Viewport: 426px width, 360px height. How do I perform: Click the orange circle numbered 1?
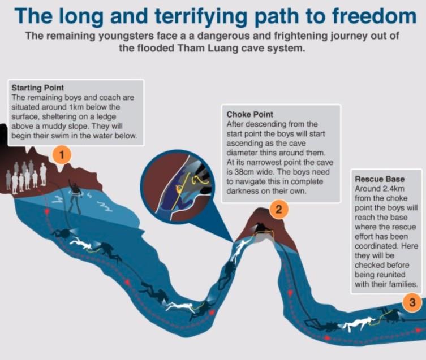(x=62, y=155)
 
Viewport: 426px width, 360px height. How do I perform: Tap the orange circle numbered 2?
(x=278, y=209)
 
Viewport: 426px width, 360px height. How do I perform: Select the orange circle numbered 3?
(x=412, y=302)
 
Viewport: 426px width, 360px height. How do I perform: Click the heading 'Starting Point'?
(x=37, y=88)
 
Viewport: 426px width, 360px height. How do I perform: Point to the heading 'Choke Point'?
(x=249, y=114)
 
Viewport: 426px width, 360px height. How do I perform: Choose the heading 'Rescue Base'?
(x=380, y=179)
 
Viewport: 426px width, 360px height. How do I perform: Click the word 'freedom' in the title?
(x=374, y=16)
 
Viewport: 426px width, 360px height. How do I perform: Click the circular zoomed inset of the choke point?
(x=178, y=186)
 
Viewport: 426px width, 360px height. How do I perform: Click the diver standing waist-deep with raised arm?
(x=75, y=196)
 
